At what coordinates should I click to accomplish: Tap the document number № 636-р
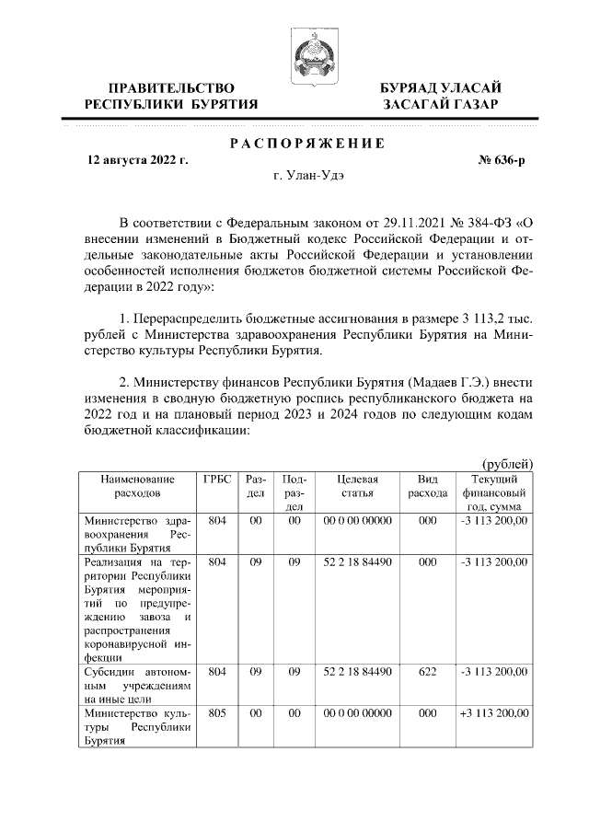(x=502, y=160)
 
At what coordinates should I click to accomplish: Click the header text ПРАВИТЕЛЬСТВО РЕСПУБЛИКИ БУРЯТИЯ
(x=171, y=96)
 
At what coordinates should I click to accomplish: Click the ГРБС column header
(x=216, y=480)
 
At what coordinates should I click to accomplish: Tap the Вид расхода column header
(x=427, y=487)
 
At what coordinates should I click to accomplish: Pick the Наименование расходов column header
(x=138, y=487)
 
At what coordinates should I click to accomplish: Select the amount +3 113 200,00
(x=494, y=712)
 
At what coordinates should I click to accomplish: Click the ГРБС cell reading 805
(x=216, y=712)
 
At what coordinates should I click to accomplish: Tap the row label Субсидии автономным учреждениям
(x=138, y=685)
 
